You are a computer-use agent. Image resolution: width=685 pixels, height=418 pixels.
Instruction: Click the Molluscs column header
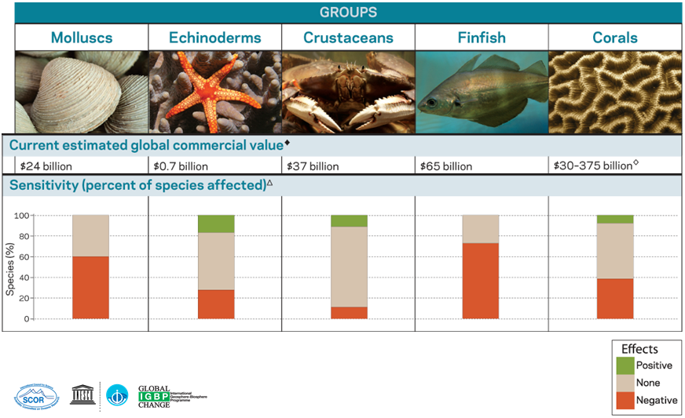[x=82, y=38]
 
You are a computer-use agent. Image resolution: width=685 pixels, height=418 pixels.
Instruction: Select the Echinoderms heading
[x=215, y=38]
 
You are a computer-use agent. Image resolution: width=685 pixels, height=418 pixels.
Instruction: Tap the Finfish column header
[x=481, y=38]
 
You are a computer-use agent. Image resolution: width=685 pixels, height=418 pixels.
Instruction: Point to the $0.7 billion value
[x=179, y=166]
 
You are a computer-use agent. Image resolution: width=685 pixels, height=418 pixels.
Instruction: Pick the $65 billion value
[x=446, y=166]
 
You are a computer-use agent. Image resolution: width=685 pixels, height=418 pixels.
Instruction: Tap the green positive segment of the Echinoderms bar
[x=216, y=224]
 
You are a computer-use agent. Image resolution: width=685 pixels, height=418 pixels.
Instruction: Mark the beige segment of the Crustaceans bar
[x=349, y=267]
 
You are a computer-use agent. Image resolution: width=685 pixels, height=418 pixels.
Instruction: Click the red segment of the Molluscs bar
[x=90, y=287]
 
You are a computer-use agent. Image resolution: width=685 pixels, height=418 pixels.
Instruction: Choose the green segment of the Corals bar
[x=615, y=219]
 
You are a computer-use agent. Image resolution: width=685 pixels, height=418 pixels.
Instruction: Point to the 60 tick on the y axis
[x=25, y=256]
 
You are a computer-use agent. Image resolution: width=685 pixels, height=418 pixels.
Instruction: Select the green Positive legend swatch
[x=625, y=365]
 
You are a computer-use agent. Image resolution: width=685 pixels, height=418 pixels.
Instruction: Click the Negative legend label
[x=657, y=401]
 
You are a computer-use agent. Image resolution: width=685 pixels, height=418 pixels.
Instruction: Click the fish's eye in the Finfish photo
[x=430, y=103]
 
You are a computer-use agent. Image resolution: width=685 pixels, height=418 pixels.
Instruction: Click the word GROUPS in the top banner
[x=348, y=13]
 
